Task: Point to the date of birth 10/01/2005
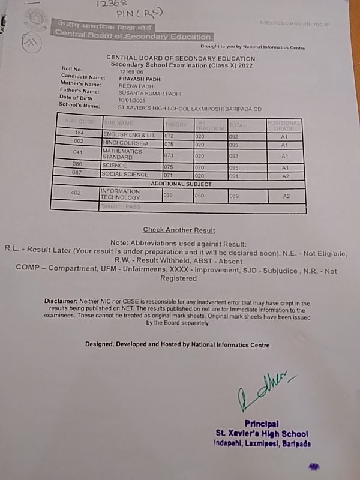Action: coord(132,100)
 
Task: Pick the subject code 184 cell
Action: coord(79,133)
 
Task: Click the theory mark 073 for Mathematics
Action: coord(170,155)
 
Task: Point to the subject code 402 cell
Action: coord(76,193)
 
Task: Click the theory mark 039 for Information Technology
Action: coord(170,196)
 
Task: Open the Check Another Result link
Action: coord(179,230)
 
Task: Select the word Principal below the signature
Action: coord(262,424)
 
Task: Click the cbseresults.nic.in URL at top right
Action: coord(296,23)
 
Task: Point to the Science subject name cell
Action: coord(115,165)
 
